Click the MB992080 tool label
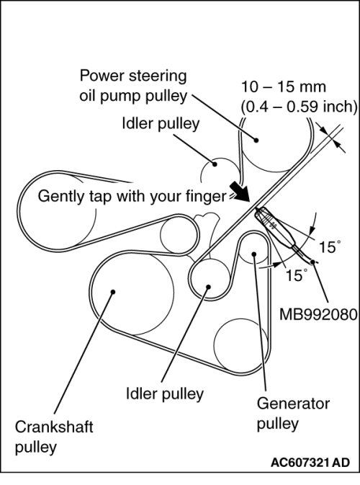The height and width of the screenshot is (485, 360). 318,315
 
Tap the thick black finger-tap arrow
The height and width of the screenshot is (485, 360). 240,191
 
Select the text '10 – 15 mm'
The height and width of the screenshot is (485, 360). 283,87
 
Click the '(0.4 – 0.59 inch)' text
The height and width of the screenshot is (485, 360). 299,107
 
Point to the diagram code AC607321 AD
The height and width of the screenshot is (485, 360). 310,463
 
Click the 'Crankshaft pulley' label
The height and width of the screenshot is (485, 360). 54,437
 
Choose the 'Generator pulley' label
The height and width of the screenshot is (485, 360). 293,414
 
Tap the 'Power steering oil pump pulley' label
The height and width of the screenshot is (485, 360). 133,86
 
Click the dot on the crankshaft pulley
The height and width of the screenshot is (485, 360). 113,292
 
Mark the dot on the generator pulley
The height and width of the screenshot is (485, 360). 254,254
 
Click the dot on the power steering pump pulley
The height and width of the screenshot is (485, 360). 256,140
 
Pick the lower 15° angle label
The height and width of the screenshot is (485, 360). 297,275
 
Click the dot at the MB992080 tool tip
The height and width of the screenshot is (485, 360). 312,262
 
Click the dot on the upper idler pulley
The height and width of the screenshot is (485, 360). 214,164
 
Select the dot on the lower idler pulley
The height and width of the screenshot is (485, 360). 208,287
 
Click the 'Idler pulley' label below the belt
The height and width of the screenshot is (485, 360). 165,393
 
